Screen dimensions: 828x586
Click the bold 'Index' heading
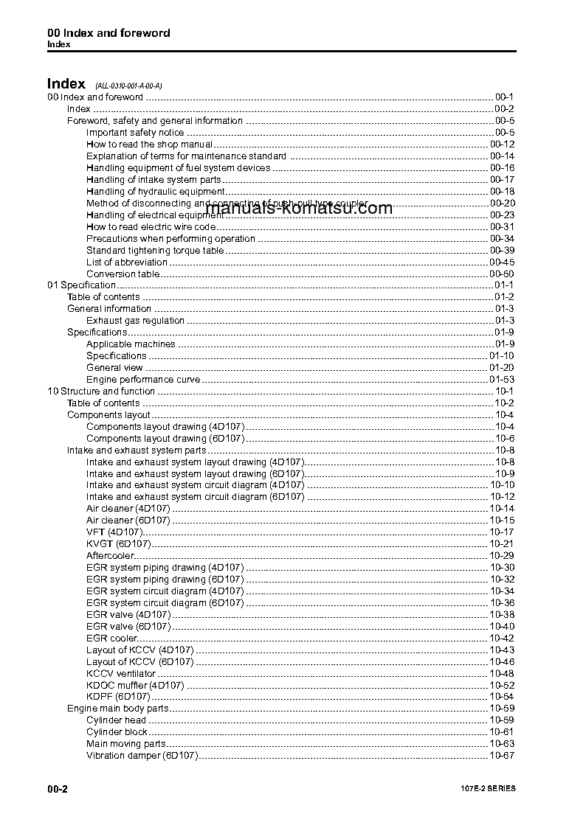(x=66, y=84)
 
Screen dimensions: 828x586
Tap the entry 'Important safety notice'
(x=135, y=133)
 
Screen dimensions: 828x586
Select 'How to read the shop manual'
(x=149, y=145)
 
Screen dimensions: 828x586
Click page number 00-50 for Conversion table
(x=502, y=274)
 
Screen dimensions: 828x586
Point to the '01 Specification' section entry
(x=82, y=285)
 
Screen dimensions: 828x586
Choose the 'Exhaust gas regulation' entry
(x=135, y=321)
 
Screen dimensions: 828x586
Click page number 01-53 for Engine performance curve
(x=502, y=380)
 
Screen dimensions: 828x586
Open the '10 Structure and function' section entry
(x=101, y=392)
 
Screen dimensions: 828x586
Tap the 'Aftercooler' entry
(x=109, y=556)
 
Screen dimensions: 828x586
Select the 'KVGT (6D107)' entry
(x=118, y=544)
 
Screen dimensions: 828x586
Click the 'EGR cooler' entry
(x=111, y=639)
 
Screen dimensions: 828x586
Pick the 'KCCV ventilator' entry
(x=121, y=674)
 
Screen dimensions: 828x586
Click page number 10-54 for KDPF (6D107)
(x=502, y=697)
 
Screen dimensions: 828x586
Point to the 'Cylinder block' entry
(x=117, y=732)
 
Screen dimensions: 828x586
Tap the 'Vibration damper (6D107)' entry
(x=142, y=756)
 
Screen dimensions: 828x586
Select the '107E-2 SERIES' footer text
(x=483, y=789)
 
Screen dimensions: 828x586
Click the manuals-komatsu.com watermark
(x=305, y=208)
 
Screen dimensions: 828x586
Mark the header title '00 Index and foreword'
(x=108, y=33)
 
